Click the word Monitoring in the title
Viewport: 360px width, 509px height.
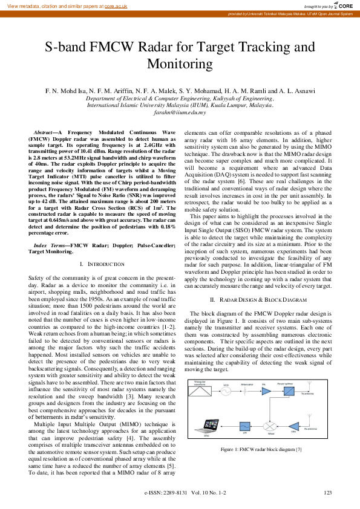point(180,64)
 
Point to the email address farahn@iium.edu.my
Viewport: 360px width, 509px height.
point(180,112)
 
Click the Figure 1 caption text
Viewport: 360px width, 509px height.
point(260,449)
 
